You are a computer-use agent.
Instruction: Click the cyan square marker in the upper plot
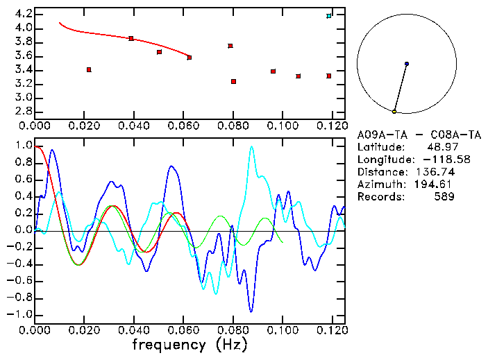coord(329,16)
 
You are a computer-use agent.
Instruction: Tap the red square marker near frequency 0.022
coord(89,69)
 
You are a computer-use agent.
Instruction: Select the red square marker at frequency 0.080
coord(233,82)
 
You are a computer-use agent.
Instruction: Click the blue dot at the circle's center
coord(407,64)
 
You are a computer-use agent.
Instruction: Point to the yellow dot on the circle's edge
coord(394,112)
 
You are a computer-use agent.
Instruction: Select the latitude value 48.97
coord(441,147)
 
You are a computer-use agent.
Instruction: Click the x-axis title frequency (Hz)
coord(189,345)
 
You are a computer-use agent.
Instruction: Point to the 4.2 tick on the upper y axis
coord(23,14)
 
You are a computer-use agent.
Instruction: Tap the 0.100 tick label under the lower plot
coord(283,330)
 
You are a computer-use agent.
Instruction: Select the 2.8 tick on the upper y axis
coord(23,111)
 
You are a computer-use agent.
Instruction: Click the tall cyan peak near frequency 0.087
coord(251,147)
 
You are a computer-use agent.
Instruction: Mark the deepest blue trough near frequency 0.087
coord(251,311)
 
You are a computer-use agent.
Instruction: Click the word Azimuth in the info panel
coord(379,185)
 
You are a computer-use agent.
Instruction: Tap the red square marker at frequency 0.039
coord(131,39)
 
